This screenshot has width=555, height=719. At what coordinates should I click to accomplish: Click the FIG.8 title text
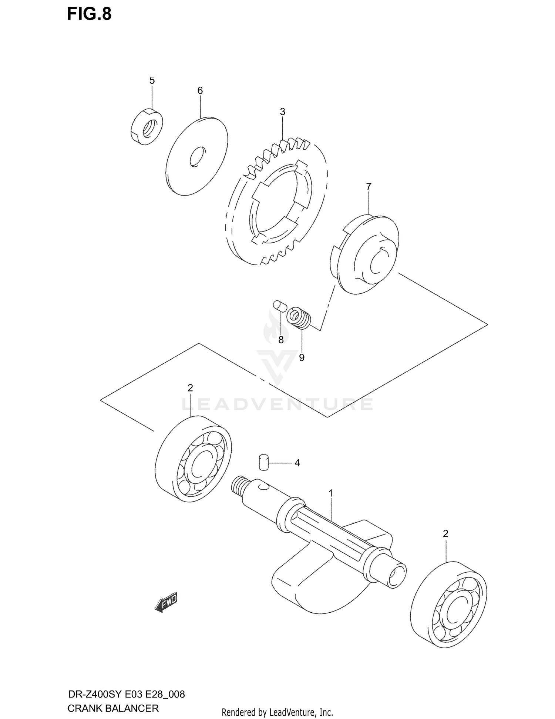click(89, 14)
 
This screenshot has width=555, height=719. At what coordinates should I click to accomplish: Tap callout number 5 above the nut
click(152, 80)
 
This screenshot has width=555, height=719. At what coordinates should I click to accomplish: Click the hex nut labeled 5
click(147, 126)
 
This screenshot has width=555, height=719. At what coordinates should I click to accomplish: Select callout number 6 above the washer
click(200, 90)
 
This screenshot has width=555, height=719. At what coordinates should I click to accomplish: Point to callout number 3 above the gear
click(282, 111)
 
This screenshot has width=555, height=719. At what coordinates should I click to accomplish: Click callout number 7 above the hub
click(369, 187)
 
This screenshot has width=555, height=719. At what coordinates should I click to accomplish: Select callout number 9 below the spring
click(302, 357)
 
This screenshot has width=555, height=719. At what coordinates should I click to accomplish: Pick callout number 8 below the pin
click(281, 339)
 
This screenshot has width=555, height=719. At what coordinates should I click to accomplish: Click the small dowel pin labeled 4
click(263, 463)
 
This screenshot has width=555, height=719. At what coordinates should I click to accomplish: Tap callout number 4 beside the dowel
click(297, 463)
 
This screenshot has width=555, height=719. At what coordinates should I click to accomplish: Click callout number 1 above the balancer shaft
click(331, 493)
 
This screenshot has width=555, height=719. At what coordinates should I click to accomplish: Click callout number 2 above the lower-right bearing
click(445, 534)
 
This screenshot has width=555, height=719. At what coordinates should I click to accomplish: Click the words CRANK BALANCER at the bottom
click(113, 708)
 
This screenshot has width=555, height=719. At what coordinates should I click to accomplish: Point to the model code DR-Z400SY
click(96, 694)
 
